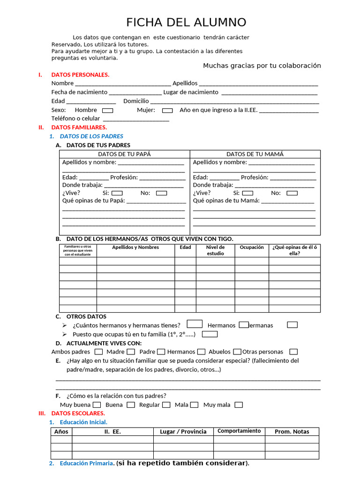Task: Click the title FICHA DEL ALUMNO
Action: click(x=186, y=22)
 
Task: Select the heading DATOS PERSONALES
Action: click(x=80, y=75)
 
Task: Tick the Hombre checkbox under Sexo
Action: click(x=108, y=111)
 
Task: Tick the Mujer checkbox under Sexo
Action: click(x=167, y=111)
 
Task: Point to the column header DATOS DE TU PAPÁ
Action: click(x=124, y=154)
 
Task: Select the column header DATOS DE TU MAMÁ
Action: click(x=255, y=154)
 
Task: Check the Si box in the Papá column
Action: click(x=117, y=193)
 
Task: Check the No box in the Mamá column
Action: click(x=292, y=193)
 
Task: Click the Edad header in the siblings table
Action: click(x=185, y=247)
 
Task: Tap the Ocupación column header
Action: click(x=252, y=247)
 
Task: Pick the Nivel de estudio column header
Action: click(x=215, y=250)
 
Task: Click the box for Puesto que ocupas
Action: click(x=210, y=334)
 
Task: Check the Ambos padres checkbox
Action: click(x=98, y=352)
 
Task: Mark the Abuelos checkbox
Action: click(x=237, y=352)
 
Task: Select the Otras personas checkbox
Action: click(x=293, y=352)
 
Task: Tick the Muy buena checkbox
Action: click(x=97, y=405)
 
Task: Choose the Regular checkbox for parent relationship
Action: click(x=166, y=405)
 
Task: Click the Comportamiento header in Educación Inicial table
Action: click(x=239, y=431)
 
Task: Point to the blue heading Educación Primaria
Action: click(x=86, y=464)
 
